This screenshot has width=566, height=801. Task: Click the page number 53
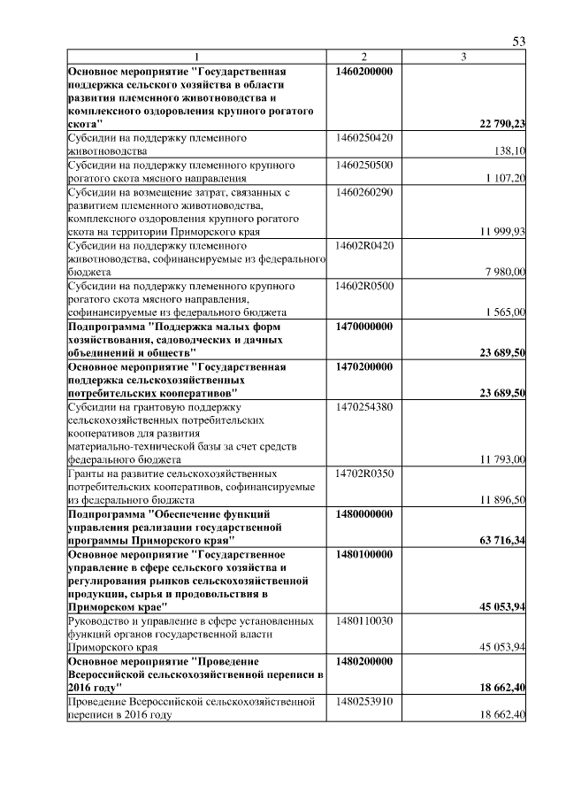pos(519,42)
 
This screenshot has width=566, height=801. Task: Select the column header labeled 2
pos(363,58)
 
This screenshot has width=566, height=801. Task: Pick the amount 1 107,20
pos(506,179)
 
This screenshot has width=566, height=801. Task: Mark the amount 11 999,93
pos(502,232)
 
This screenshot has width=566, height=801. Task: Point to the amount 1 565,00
pos(506,312)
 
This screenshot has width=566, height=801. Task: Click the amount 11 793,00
pos(502,459)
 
